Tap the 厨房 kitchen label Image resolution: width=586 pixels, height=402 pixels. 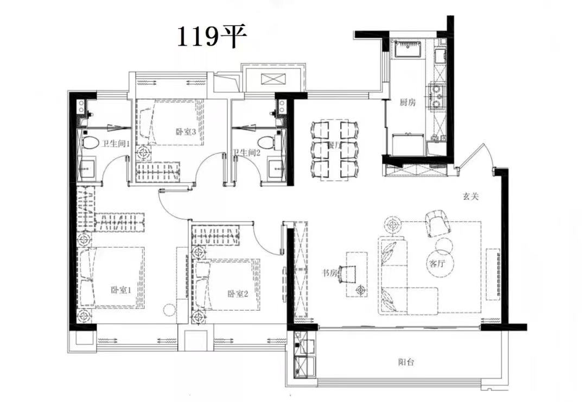click(x=407, y=102)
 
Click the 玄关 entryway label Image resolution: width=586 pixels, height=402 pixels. click(x=470, y=198)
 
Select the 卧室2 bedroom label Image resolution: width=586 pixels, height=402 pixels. click(x=237, y=294)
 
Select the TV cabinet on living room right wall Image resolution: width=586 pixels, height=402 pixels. click(x=493, y=274)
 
